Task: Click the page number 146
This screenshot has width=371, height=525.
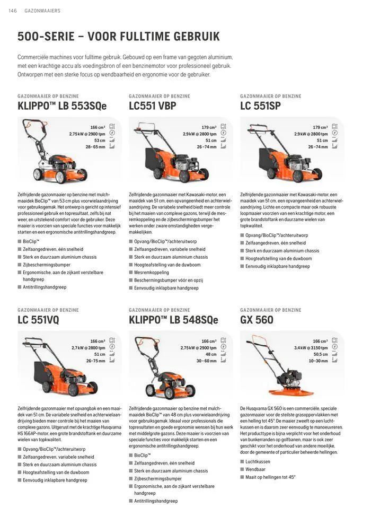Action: coord(12,11)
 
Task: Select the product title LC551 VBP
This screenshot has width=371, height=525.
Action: coord(153,106)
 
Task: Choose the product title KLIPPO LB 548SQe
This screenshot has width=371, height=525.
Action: coord(173,320)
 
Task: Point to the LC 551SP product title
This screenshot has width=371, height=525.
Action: coord(260,106)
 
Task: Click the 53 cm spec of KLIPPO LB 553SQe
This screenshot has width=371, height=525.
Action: coord(99,141)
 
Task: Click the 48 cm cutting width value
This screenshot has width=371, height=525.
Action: coord(211,354)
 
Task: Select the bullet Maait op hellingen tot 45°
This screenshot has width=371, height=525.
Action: coord(270,477)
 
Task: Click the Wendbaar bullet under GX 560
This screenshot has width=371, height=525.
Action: coord(255,469)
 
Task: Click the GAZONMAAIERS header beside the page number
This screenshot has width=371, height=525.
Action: coord(42,11)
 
